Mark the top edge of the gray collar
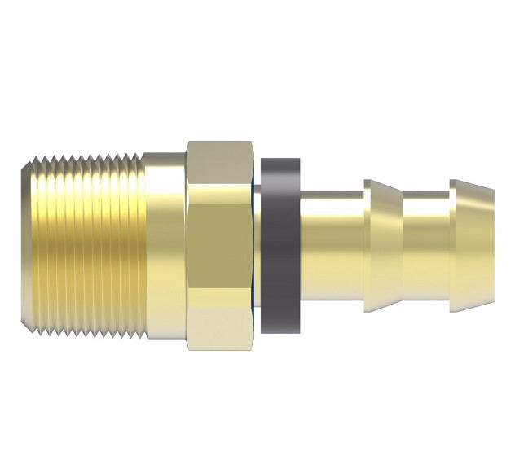tap(280, 160)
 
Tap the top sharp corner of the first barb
tap(368, 181)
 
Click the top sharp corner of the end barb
tap(453, 181)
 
